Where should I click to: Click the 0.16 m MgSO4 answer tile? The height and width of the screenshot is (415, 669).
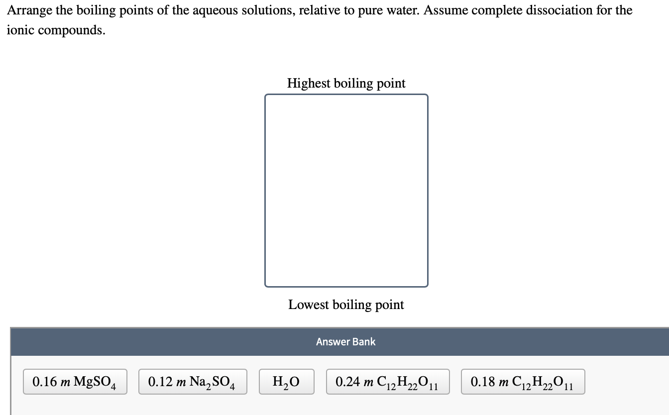click(x=75, y=382)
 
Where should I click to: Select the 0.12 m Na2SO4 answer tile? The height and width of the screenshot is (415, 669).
click(x=193, y=382)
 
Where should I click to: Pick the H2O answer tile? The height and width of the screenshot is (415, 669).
click(x=286, y=382)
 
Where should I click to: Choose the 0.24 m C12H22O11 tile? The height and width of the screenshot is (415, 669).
click(x=388, y=382)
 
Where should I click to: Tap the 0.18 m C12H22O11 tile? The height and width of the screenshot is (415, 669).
click(x=523, y=382)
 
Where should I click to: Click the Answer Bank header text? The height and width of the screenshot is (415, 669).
click(x=345, y=342)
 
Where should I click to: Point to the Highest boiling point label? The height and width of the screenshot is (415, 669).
click(x=346, y=83)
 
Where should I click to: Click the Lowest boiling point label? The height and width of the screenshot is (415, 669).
click(x=346, y=305)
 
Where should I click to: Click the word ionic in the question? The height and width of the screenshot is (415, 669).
click(x=19, y=30)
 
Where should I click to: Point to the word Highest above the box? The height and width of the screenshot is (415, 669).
click(x=309, y=83)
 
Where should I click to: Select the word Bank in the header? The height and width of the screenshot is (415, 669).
click(x=364, y=342)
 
